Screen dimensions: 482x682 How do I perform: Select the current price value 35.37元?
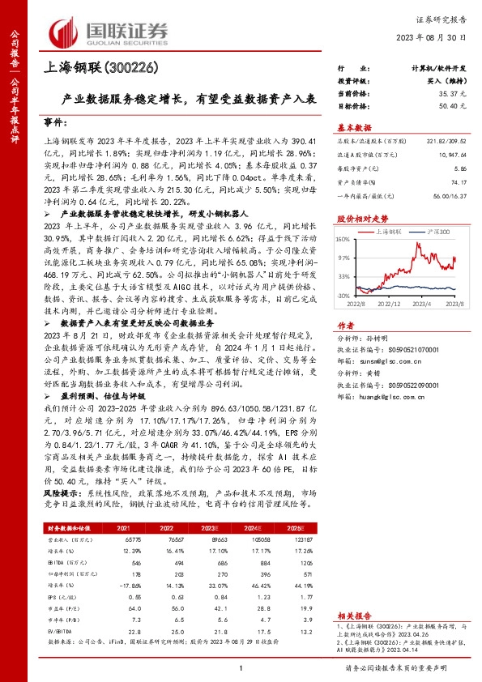454,95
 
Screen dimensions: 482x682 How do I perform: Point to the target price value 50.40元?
454,106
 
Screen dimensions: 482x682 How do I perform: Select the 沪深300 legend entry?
434,230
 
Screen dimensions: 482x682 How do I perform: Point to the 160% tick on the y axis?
343,238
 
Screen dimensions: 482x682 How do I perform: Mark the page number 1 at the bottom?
241,667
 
